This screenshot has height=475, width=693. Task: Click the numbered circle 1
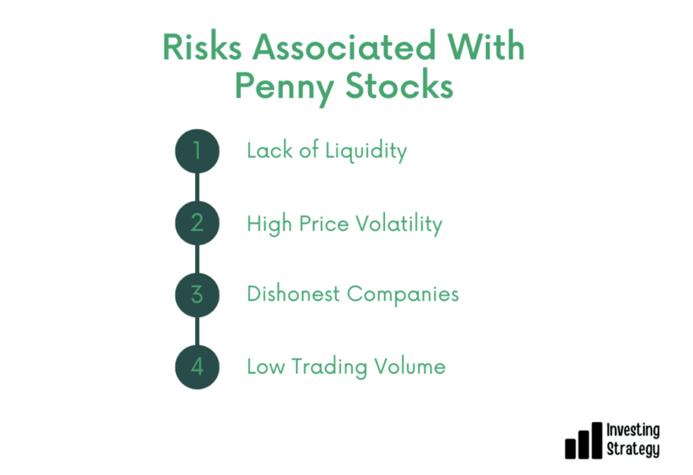point(197,151)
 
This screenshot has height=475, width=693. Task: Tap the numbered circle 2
point(197,223)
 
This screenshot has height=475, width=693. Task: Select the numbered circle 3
point(197,295)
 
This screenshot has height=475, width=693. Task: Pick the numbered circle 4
point(197,367)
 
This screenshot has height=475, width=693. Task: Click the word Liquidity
point(366,152)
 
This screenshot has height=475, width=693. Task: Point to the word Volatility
point(399,224)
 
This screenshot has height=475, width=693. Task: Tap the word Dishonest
point(294,294)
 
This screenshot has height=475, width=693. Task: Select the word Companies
point(403,295)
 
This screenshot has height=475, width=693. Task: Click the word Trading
point(330,367)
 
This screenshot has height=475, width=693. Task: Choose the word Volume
point(410,367)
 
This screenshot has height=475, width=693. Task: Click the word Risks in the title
point(202,47)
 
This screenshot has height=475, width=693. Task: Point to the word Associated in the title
point(344,47)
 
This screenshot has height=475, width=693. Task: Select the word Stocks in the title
point(399,85)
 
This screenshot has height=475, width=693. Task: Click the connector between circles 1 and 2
point(197,187)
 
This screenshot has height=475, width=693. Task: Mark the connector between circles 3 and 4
point(197,331)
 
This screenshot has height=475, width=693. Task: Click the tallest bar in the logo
point(597,440)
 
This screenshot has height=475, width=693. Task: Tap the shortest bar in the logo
point(571,449)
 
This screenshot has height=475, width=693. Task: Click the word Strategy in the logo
point(633,449)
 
